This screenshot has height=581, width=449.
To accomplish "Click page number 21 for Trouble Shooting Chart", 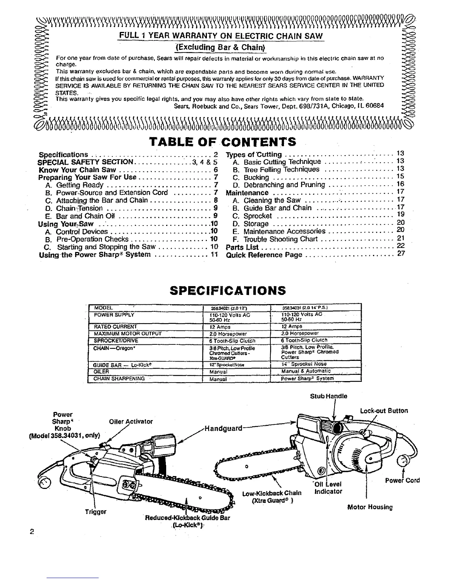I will (x=400, y=239).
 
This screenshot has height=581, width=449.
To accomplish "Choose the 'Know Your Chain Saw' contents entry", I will (x=77, y=170).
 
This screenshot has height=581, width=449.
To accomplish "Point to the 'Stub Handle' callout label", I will (x=328, y=396).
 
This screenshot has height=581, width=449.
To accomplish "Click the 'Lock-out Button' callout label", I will (x=384, y=411).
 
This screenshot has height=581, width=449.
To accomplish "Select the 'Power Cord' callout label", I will (x=402, y=480).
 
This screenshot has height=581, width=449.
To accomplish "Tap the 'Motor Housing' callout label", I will (x=370, y=507).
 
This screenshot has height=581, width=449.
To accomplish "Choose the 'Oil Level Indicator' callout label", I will (x=329, y=488).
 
